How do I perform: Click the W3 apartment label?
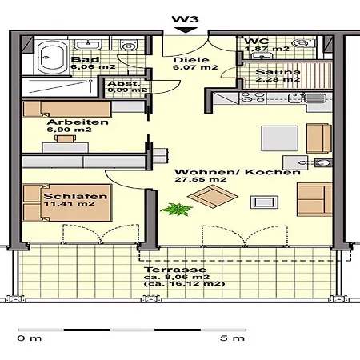pyautogui.click(x=186, y=19)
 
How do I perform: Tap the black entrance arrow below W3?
pyautogui.click(x=186, y=30)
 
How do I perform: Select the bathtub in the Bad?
pyautogui.click(x=52, y=58)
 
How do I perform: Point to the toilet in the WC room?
pyautogui.click(x=302, y=43)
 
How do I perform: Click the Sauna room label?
pyautogui.click(x=278, y=72)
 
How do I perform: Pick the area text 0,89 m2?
pyautogui.click(x=127, y=90)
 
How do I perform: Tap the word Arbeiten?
pyautogui.click(x=78, y=122)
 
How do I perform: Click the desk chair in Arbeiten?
pyautogui.click(x=66, y=138)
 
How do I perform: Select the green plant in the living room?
pyautogui.click(x=177, y=209)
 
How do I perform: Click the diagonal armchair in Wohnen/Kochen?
pyautogui.click(x=213, y=197)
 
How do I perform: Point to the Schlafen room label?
pyautogui.click(x=75, y=196)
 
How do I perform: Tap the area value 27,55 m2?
pyautogui.click(x=201, y=179)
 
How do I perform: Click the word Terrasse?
pyautogui.click(x=175, y=270)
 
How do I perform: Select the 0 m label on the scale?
pyautogui.click(x=30, y=338)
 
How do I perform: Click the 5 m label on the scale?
pyautogui.click(x=232, y=338)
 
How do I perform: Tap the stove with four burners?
pyautogui.click(x=253, y=98)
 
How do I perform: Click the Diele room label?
pyautogui.click(x=191, y=60)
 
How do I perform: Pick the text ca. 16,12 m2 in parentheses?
pyautogui.click(x=184, y=284)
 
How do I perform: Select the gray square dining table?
pyautogui.click(x=279, y=138)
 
